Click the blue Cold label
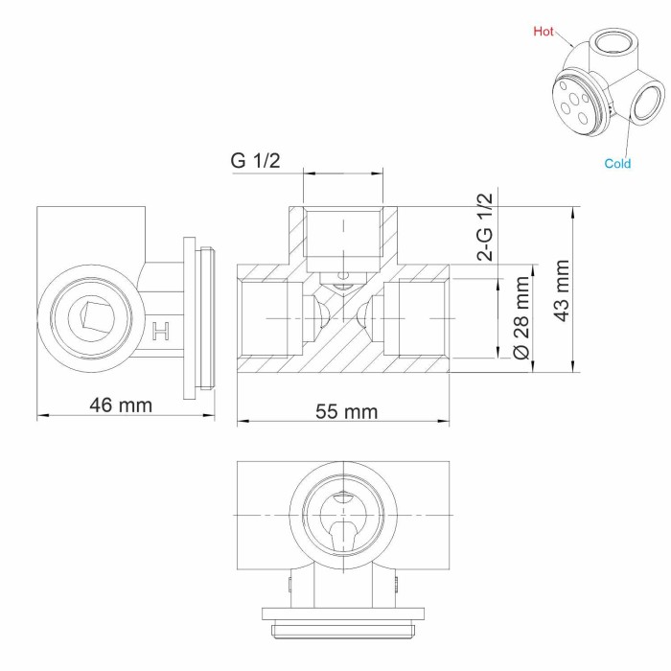[x=617, y=164]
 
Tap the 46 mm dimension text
[x=121, y=405]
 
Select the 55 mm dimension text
[x=346, y=411]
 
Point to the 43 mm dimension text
[x=563, y=289]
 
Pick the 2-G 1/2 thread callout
[x=486, y=227]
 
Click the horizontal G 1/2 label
[x=255, y=160]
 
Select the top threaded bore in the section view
[x=342, y=234]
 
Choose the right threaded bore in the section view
[x=414, y=317]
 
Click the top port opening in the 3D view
[x=608, y=42]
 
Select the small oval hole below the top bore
[x=342, y=278]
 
